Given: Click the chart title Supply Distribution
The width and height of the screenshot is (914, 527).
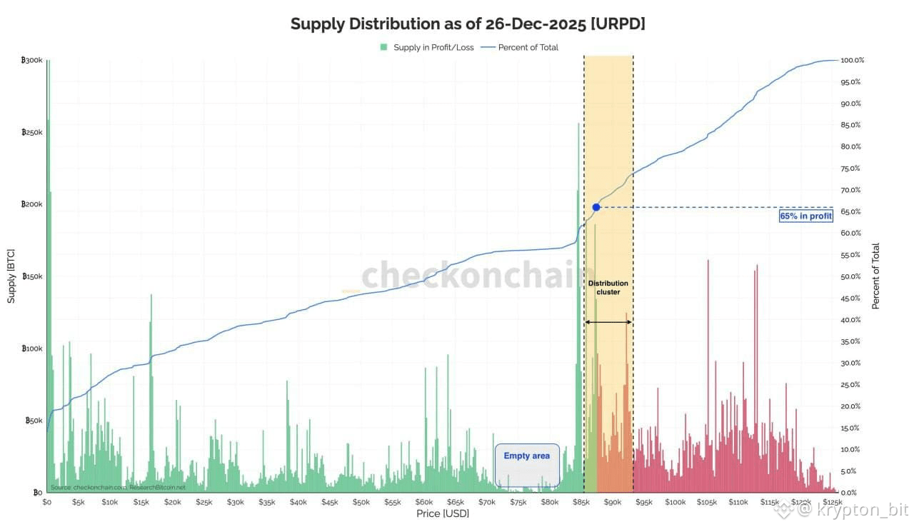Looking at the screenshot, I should pyautogui.click(x=468, y=24).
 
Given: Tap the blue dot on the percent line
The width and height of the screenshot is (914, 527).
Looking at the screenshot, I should pyautogui.click(x=596, y=207).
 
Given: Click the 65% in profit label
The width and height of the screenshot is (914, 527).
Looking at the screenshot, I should pyautogui.click(x=805, y=216).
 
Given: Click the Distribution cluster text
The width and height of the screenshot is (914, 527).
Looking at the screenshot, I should pyautogui.click(x=608, y=287).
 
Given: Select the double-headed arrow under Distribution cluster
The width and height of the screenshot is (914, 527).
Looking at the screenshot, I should pyautogui.click(x=608, y=322).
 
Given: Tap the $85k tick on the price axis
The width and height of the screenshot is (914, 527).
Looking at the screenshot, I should pyautogui.click(x=581, y=502).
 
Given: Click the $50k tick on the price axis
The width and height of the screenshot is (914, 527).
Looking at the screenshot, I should pyautogui.click(x=361, y=502).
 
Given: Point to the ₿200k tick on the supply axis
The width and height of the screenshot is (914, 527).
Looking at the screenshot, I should pyautogui.click(x=33, y=204).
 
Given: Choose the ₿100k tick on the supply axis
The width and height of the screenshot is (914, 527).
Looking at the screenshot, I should pyautogui.click(x=33, y=348).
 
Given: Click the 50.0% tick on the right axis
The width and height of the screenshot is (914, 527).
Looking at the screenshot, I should pyautogui.click(x=852, y=276).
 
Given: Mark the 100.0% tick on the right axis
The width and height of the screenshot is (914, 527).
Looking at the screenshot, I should pyautogui.click(x=853, y=61).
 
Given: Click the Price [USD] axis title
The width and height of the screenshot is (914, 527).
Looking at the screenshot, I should pyautogui.click(x=443, y=513).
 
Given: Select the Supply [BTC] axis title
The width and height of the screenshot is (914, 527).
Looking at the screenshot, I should pyautogui.click(x=11, y=276).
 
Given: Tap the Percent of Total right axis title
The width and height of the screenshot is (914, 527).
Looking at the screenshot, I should pyautogui.click(x=876, y=276).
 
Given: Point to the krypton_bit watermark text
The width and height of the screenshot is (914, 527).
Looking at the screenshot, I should pyautogui.click(x=860, y=510).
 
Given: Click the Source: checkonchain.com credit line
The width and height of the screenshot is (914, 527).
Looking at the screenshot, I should pyautogui.click(x=118, y=487).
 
